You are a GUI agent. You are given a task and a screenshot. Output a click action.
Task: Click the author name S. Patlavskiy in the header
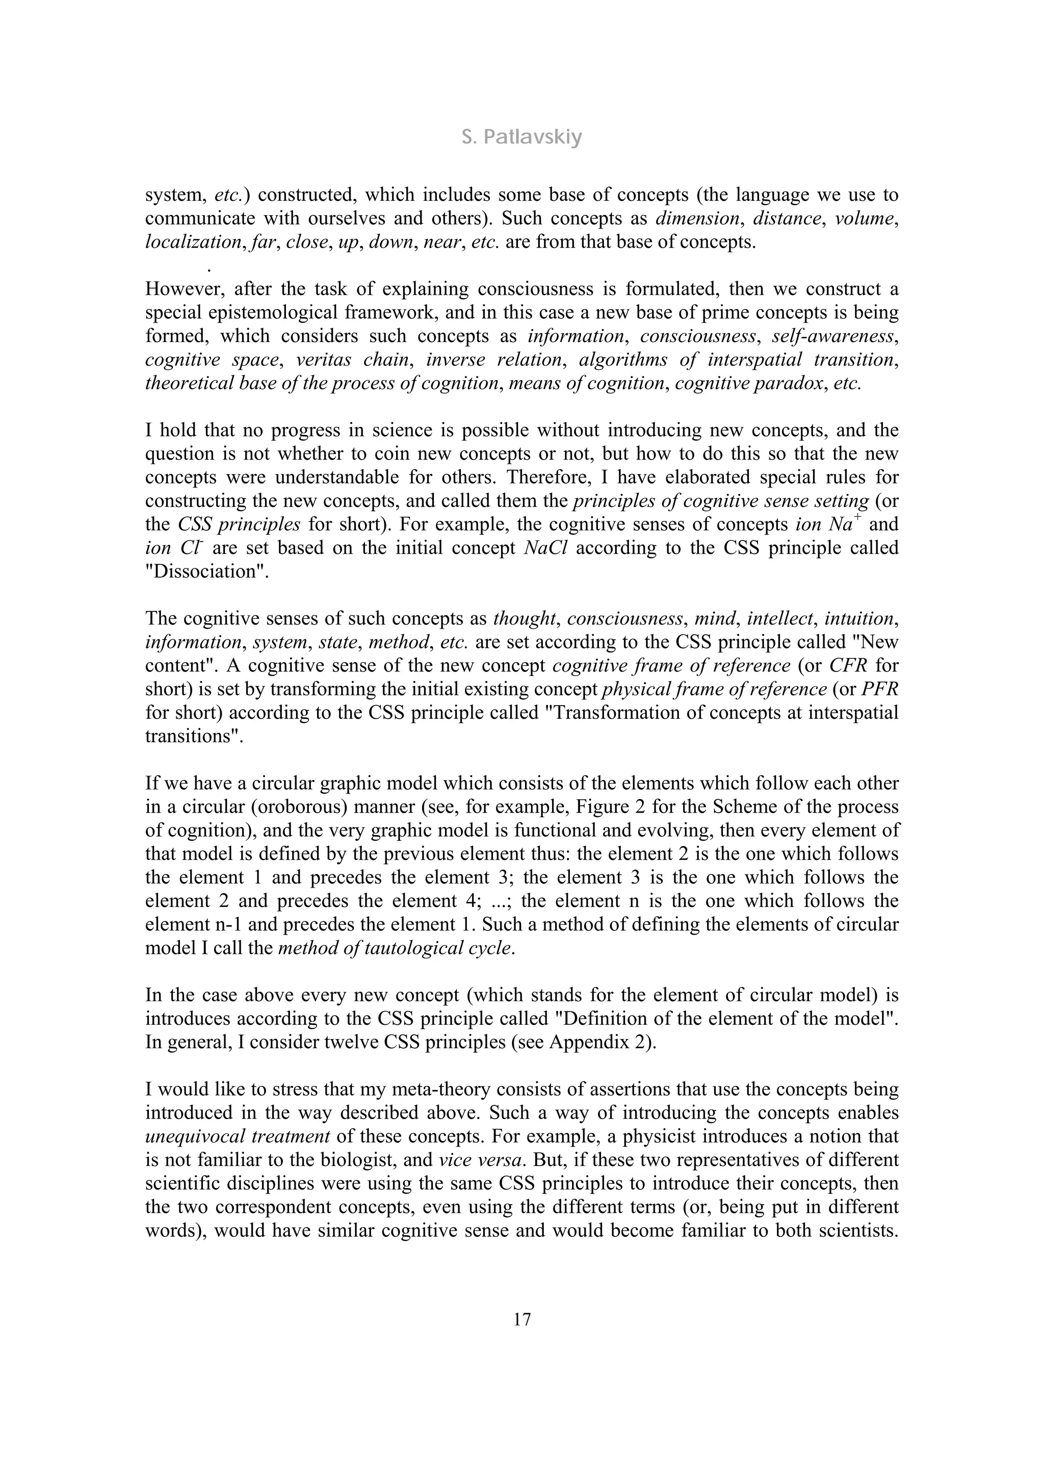pyautogui.click(x=521, y=137)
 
